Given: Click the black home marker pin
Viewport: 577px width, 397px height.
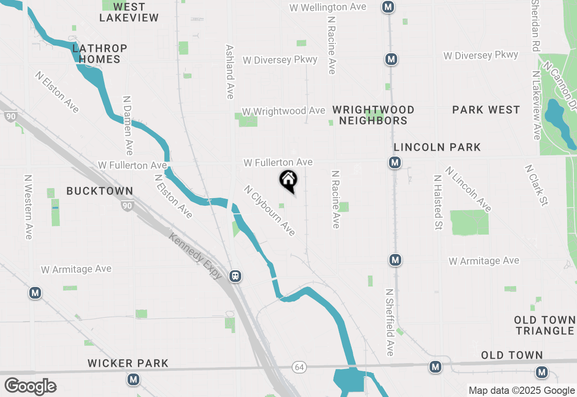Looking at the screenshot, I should click(288, 180).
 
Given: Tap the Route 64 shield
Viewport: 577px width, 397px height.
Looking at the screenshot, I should click(299, 367).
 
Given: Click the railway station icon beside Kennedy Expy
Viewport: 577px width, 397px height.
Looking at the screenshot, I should click(235, 276).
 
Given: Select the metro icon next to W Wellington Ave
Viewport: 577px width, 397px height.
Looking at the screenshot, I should click(388, 7).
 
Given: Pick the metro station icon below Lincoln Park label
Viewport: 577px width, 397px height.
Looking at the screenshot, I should click(395, 162).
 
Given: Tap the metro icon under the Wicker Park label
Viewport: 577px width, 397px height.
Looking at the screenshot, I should click(133, 379).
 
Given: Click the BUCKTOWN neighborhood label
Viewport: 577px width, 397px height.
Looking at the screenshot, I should click(100, 191).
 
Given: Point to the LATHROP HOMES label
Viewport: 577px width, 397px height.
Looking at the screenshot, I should click(100, 54).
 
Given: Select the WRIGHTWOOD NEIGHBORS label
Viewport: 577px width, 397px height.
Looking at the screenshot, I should click(373, 115).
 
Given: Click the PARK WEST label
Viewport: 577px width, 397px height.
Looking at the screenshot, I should click(486, 110).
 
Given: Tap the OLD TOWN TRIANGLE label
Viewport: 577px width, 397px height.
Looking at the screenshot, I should click(545, 325).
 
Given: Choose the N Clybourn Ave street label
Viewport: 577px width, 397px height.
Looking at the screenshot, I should click(270, 211).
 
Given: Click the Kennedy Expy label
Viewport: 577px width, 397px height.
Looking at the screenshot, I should click(196, 256).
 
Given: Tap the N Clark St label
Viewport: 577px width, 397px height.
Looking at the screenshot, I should click(536, 185).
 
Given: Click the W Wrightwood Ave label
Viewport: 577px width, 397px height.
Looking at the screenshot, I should click(284, 111).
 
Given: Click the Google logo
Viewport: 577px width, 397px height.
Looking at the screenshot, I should click(30, 387).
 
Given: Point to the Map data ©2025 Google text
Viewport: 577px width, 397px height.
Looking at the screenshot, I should click(522, 391).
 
